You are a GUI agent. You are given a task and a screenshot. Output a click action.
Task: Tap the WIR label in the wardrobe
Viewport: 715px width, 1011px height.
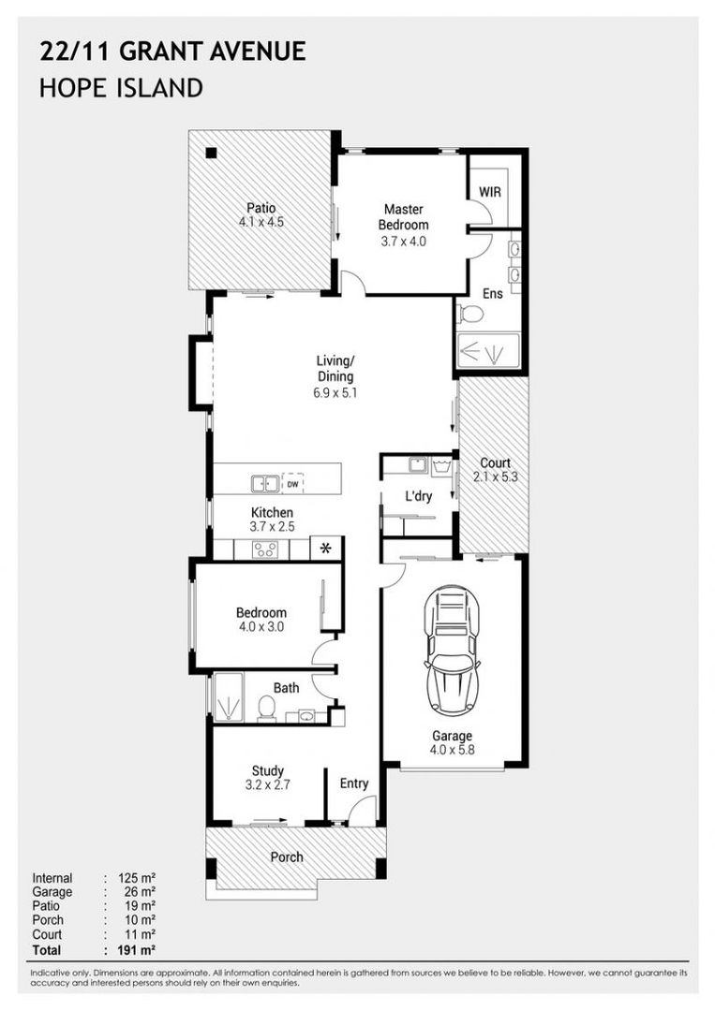pyautogui.click(x=490, y=191)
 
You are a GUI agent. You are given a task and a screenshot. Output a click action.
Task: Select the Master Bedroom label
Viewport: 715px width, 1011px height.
pyautogui.click(x=403, y=217)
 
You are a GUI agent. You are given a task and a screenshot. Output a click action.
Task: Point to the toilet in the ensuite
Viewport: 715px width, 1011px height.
pyautogui.click(x=468, y=315)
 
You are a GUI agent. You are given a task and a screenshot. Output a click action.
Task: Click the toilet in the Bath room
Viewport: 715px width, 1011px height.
pyautogui.click(x=265, y=710)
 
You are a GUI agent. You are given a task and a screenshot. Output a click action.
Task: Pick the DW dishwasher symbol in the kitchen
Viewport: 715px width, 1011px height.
pyautogui.click(x=293, y=485)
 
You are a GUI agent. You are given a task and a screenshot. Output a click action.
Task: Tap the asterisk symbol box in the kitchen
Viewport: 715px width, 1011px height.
pyautogui.click(x=326, y=549)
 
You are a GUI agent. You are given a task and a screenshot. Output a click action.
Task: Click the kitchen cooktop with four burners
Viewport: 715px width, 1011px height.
pyautogui.click(x=264, y=550)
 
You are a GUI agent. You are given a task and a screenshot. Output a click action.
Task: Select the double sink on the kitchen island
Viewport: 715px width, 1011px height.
pyautogui.click(x=262, y=484)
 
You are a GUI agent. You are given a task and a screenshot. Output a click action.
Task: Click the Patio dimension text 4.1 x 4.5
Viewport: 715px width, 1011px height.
pyautogui.click(x=261, y=223)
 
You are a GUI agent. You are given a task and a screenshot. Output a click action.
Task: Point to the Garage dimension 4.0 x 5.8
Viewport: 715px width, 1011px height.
pyautogui.click(x=452, y=750)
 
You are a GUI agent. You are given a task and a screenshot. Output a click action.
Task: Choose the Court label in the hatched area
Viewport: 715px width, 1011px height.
pyautogui.click(x=495, y=462)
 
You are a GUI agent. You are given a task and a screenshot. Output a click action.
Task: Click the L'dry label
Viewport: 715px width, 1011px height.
pyautogui.click(x=418, y=496)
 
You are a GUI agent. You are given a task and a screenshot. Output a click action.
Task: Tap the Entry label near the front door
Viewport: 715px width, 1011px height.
pyautogui.click(x=354, y=784)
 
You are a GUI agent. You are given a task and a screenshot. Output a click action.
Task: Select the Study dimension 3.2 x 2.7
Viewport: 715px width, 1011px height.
pyautogui.click(x=267, y=785)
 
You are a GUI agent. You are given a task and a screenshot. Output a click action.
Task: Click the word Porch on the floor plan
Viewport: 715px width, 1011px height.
pyautogui.click(x=287, y=857)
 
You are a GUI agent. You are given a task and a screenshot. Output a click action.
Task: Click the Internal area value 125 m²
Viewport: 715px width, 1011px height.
pyautogui.click(x=136, y=878)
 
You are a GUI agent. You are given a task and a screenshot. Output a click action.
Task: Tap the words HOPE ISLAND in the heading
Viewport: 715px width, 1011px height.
pyautogui.click(x=121, y=89)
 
